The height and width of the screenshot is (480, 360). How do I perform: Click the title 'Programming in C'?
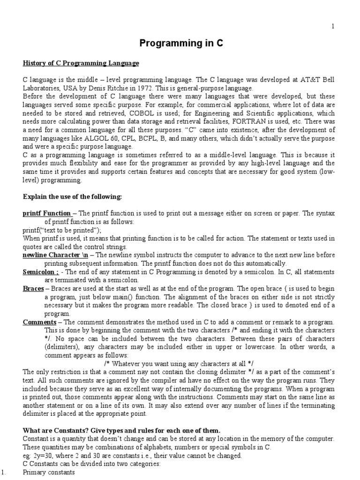pos(180,44)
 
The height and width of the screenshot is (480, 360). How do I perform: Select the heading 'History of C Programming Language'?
pos(81,63)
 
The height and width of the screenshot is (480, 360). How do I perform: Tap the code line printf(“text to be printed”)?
pos(62,230)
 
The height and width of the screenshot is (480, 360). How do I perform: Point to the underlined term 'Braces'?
pos(33,289)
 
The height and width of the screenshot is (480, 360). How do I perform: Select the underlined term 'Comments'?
pos(39,322)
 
